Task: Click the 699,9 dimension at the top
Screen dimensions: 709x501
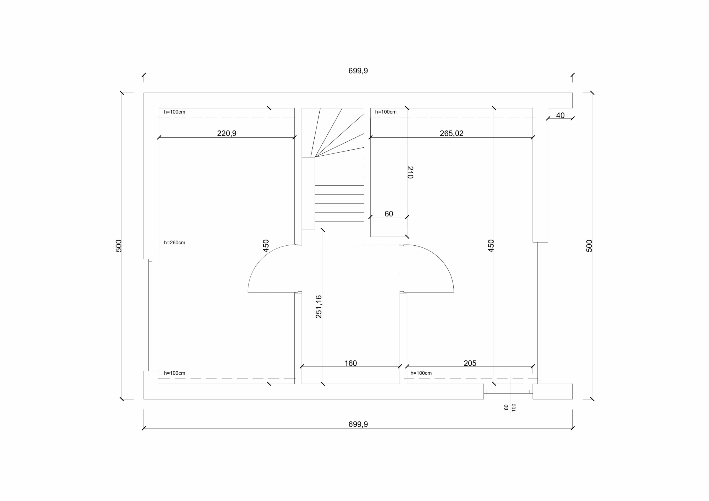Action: pos(358,71)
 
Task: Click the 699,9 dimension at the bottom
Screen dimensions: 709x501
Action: pos(358,424)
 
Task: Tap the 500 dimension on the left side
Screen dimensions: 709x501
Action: pos(119,246)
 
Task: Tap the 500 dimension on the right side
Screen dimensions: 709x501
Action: pos(589,246)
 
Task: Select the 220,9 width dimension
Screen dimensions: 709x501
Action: pos(227,133)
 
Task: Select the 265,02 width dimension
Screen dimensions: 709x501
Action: pos(451,133)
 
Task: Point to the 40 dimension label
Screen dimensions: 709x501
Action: pos(560,115)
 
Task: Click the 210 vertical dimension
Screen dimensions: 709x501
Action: pos(410,172)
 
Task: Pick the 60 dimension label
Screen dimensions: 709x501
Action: pos(389,214)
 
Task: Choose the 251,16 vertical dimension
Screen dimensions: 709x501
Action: pos(319,307)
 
